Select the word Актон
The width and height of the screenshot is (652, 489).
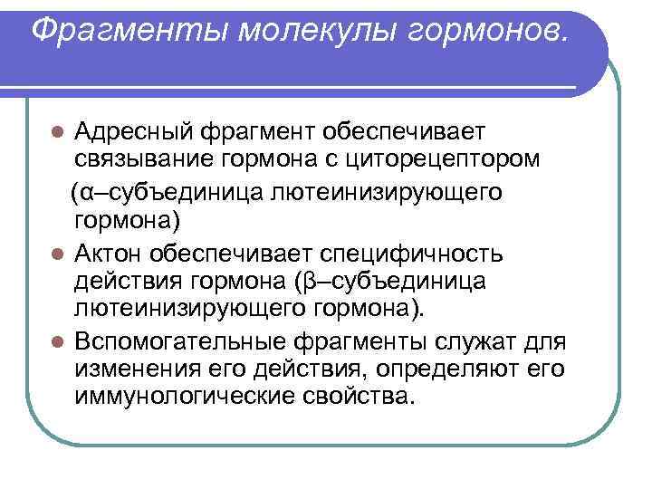click(x=112, y=252)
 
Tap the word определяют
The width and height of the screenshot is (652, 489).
click(x=441, y=369)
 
